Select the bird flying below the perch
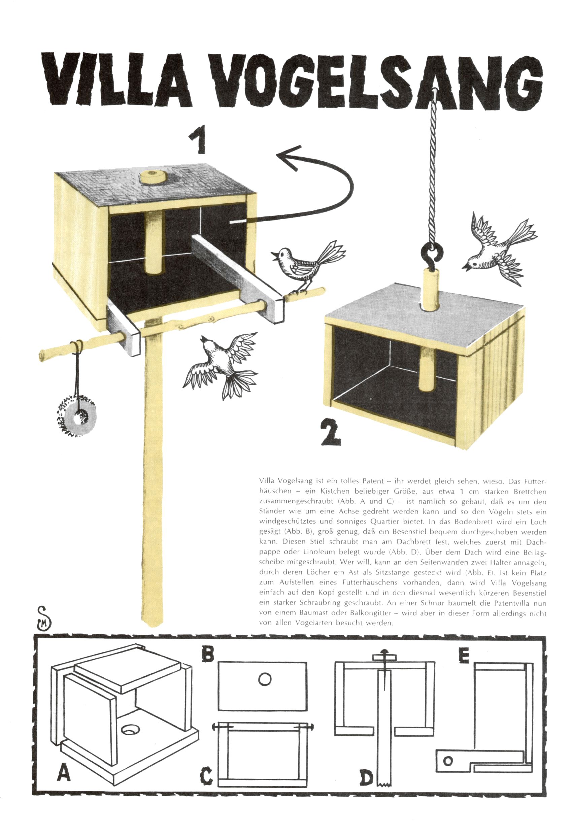[221, 365]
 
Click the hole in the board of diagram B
[265, 679]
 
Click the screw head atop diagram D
[384, 651]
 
